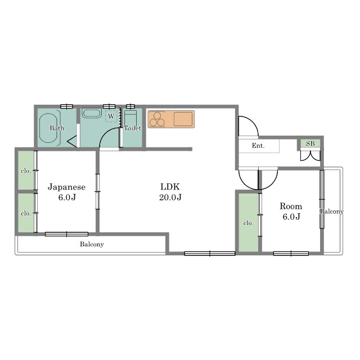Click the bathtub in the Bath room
click(x=48, y=128)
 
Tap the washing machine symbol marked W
click(x=111, y=116)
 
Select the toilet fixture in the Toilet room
click(x=130, y=119)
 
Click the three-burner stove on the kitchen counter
click(x=157, y=119)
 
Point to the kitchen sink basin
click(x=183, y=119)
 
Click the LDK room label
click(x=170, y=187)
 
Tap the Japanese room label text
click(x=66, y=187)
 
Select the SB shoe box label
click(x=310, y=143)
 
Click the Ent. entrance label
click(x=258, y=146)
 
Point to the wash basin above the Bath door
click(x=92, y=114)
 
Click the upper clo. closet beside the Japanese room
click(x=26, y=170)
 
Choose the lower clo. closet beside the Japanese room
click(x=26, y=213)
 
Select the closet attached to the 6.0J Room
click(x=249, y=223)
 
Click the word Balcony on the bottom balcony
click(x=92, y=244)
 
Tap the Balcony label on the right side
click(x=331, y=211)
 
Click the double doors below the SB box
click(x=310, y=156)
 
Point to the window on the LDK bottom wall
click(x=210, y=254)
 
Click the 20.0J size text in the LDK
click(x=170, y=197)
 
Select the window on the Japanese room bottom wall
click(x=66, y=234)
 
